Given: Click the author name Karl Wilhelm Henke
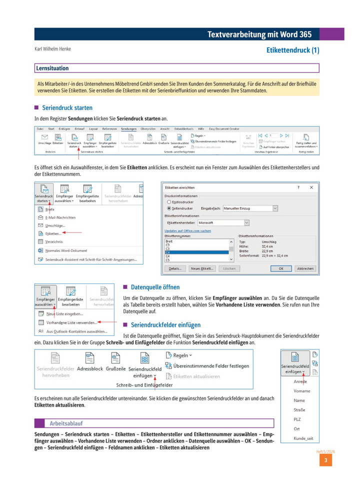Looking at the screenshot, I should point(52,49).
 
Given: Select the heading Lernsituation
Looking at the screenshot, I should point(52,68).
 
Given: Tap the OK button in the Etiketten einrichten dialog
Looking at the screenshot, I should point(281,268).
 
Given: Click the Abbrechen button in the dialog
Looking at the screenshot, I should point(305,268).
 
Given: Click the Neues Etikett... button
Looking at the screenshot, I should point(203,268).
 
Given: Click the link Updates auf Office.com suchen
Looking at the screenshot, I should point(187,231).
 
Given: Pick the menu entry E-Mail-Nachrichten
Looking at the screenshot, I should point(60,217).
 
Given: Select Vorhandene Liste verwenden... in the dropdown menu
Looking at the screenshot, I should point(71,322).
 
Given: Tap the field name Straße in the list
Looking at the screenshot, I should point(300,410).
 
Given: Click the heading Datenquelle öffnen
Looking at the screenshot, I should point(155,287).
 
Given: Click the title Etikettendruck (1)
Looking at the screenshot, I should point(292,50).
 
